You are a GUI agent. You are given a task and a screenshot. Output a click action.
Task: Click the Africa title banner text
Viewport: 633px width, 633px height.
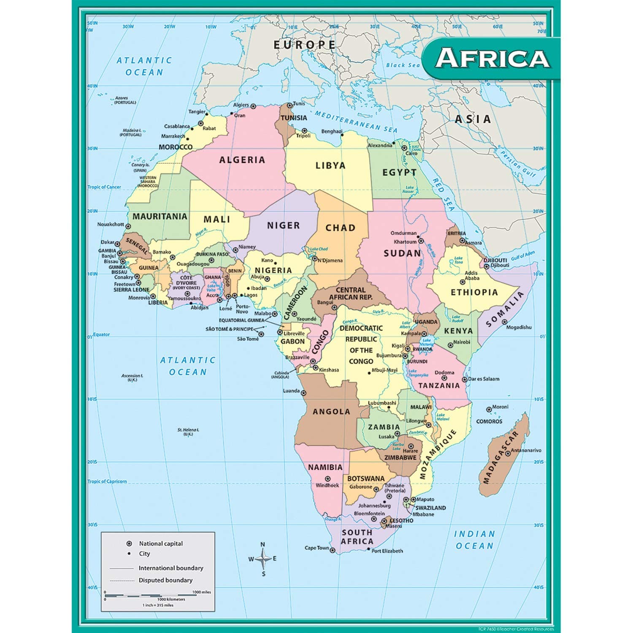[492, 58]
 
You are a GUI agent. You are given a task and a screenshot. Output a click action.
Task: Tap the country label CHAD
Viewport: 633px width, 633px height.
[340, 228]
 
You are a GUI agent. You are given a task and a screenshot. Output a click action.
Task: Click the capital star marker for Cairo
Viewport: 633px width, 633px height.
[404, 148]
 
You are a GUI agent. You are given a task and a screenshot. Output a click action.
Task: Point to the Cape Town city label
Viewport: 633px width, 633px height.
[316, 548]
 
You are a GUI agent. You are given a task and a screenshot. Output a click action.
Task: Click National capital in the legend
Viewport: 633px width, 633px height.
[161, 544]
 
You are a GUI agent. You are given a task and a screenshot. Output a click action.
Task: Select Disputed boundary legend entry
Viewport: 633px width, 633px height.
[165, 580]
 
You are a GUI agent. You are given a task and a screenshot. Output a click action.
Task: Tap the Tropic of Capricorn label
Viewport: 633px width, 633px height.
[107, 481]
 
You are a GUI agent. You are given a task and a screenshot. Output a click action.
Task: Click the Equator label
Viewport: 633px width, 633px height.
[101, 335]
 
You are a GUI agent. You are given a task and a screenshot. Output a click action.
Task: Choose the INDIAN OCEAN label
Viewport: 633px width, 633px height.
[474, 540]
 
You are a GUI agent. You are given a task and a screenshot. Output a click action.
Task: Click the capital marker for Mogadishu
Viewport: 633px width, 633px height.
[504, 322]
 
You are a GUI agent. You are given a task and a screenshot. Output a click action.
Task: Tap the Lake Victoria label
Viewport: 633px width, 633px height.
[427, 342]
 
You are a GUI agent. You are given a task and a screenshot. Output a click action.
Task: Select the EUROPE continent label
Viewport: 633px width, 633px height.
[304, 45]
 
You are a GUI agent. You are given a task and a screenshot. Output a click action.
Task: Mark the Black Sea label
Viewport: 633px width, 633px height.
[403, 65]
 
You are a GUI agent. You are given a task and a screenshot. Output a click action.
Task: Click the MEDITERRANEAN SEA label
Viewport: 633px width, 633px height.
[356, 122]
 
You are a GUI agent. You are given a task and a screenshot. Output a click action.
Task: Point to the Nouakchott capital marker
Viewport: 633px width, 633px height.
[128, 227]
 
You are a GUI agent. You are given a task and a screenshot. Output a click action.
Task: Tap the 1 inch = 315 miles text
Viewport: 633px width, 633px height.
[158, 605]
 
